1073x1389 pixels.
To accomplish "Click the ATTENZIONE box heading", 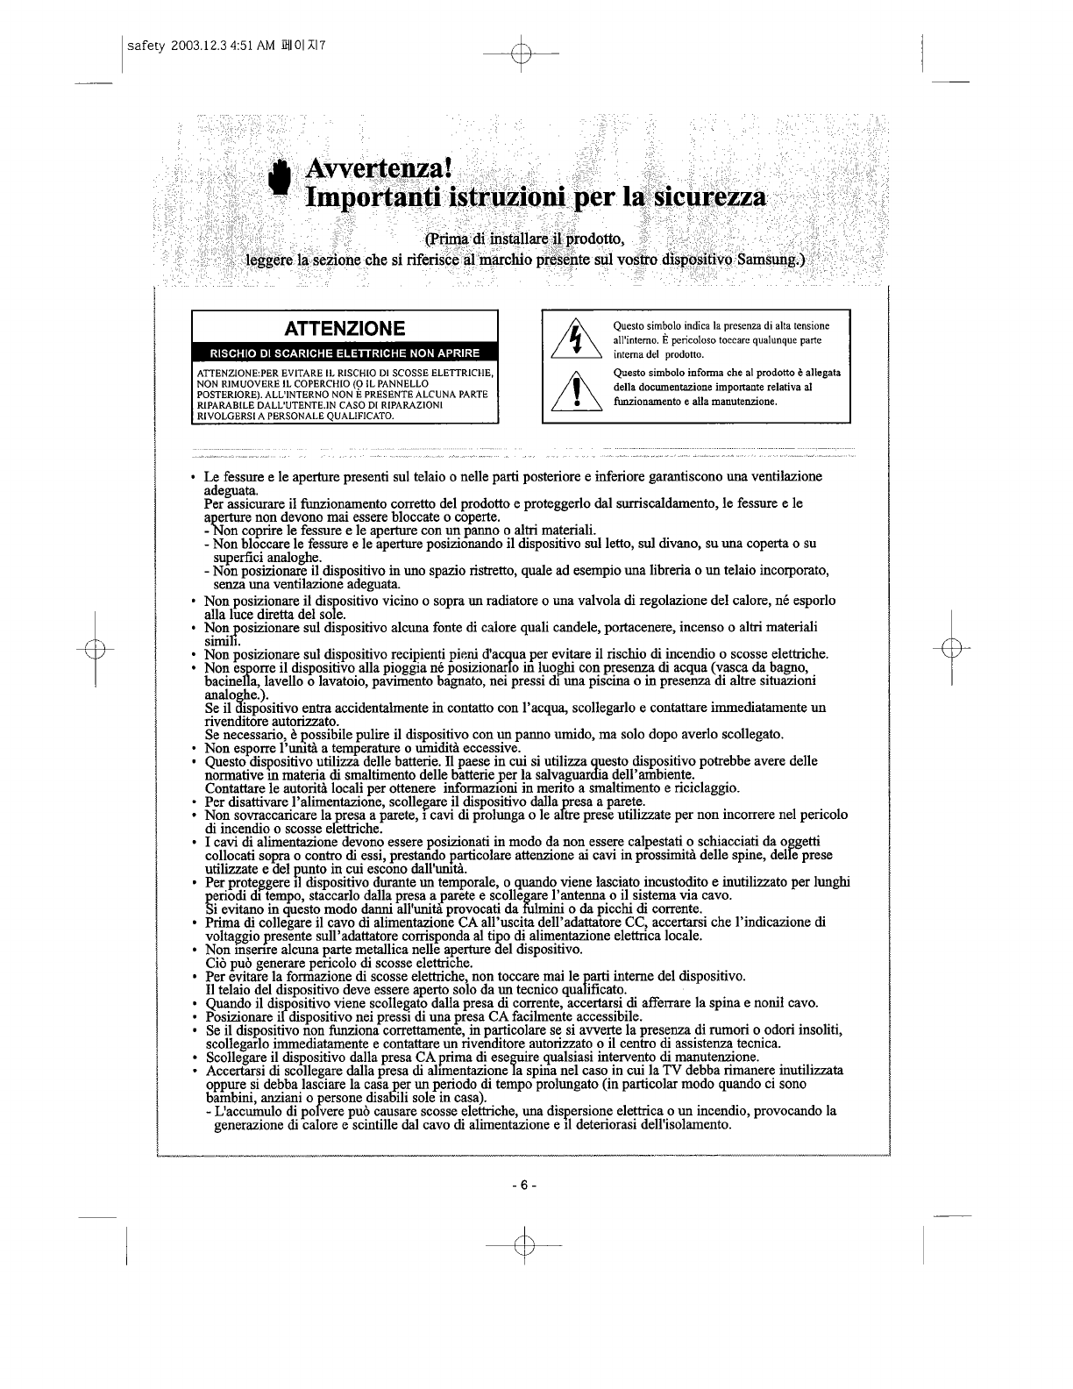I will [345, 329].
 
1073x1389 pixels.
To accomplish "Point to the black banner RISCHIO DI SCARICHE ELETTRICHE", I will [345, 353].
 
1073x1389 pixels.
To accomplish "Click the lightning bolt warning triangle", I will [574, 340].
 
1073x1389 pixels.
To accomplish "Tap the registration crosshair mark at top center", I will [523, 53].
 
